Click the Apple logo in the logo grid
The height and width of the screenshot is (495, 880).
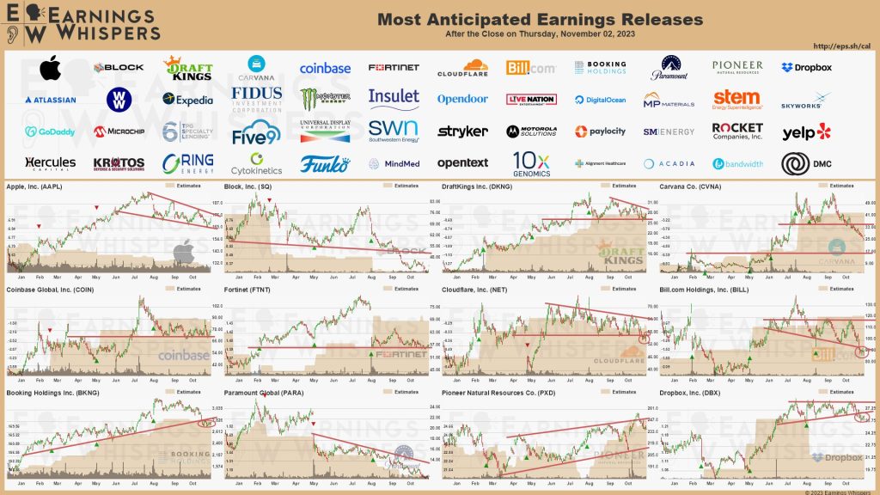pyautogui.click(x=50, y=67)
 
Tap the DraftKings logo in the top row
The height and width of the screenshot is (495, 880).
pyautogui.click(x=187, y=67)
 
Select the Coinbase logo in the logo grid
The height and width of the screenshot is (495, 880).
pyautogui.click(x=325, y=68)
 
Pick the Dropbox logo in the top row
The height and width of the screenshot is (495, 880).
pyautogui.click(x=806, y=67)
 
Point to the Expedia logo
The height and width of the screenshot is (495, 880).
pyautogui.click(x=187, y=100)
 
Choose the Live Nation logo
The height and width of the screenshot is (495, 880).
pyautogui.click(x=531, y=100)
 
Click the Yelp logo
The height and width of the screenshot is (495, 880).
pyautogui.click(x=806, y=131)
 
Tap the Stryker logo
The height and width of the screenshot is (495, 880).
pyautogui.click(x=462, y=131)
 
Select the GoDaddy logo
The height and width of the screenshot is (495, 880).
pyautogui.click(x=50, y=131)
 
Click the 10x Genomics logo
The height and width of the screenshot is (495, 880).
pyautogui.click(x=531, y=162)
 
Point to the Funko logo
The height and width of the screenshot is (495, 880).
pyautogui.click(x=325, y=162)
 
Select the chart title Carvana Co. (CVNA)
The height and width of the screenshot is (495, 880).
pyautogui.click(x=690, y=186)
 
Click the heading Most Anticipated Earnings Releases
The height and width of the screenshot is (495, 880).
pyautogui.click(x=540, y=20)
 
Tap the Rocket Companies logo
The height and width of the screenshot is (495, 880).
pyautogui.click(x=737, y=131)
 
